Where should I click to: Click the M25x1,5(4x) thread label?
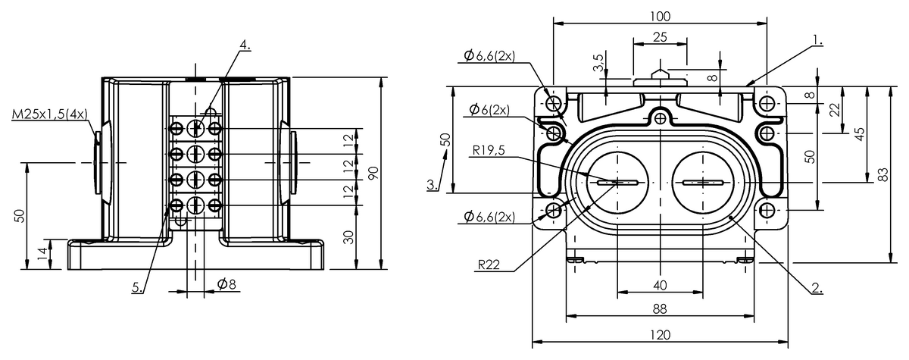50,114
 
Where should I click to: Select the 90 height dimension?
372,173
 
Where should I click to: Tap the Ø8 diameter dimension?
226,284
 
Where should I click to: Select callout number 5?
136,288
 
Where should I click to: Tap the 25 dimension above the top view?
659,37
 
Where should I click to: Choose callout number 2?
817,288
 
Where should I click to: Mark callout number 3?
433,185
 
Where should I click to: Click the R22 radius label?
488,265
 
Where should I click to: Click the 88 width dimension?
660,309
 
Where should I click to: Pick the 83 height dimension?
883,174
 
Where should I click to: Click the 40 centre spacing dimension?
660,285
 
